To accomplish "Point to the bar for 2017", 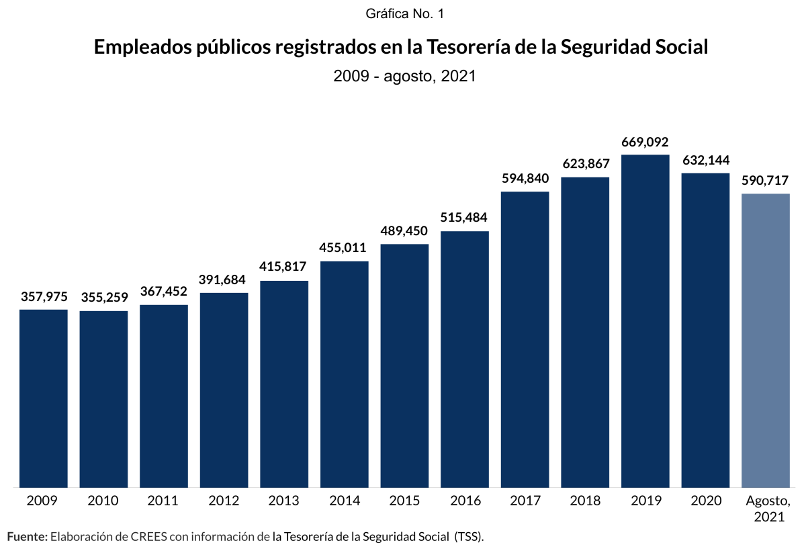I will coord(525,339).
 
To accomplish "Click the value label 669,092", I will coord(645,142).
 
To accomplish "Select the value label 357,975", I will coord(44,297).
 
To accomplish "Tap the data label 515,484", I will coord(464,218).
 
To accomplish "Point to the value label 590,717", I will coord(765,181).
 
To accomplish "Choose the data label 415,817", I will coord(284,267).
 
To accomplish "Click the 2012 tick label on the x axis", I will coord(224,501).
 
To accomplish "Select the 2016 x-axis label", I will coord(465,501).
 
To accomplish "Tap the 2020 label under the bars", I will coord(705,501).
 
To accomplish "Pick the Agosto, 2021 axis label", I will coord(766,509).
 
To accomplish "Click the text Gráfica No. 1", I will coord(405,13).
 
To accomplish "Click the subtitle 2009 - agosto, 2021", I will coord(404,76).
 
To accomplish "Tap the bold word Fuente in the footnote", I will coord(26,536).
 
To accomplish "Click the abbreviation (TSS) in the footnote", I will coord(468,536).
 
